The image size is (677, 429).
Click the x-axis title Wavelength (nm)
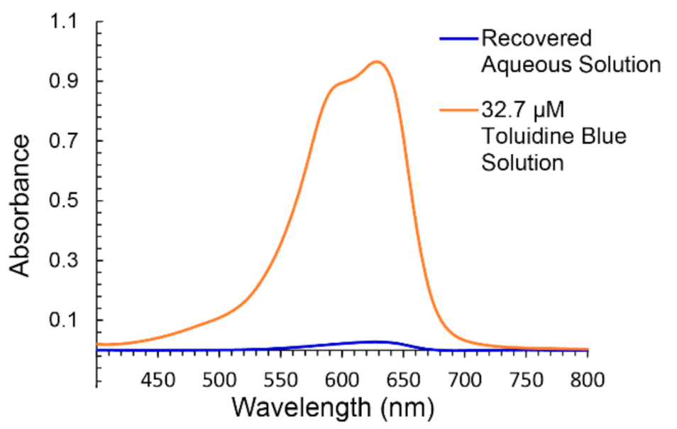pyautogui.click(x=331, y=408)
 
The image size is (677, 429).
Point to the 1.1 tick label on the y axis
pyautogui.click(x=65, y=22)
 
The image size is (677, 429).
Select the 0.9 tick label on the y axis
pyautogui.click(x=65, y=81)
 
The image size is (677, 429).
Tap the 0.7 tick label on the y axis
pyautogui.click(x=65, y=141)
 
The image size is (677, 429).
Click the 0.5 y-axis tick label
pyautogui.click(x=65, y=200)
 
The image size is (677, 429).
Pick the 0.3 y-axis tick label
pyautogui.click(x=65, y=261)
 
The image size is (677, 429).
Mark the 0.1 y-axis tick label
pyautogui.click(x=65, y=320)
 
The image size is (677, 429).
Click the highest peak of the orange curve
pyautogui.click(x=376, y=62)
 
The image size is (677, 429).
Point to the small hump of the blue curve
pyautogui.click(x=376, y=342)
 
